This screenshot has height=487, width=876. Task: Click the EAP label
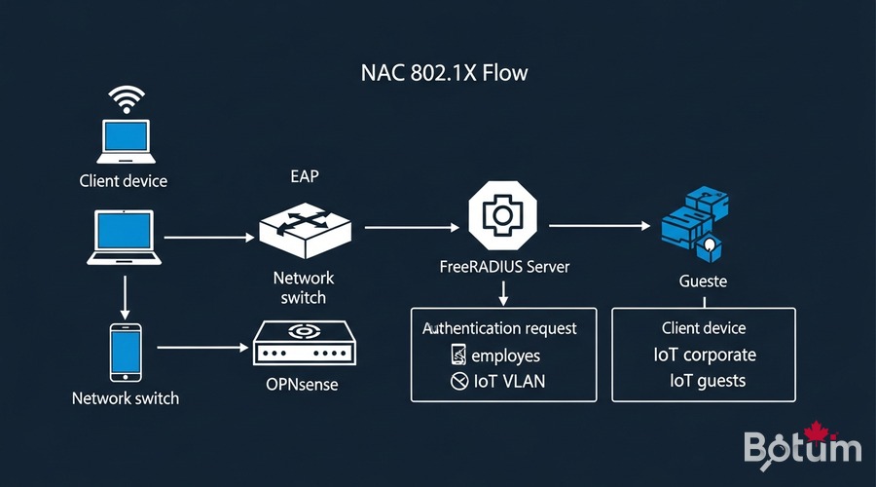click(305, 177)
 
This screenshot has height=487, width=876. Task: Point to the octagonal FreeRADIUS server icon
click(503, 213)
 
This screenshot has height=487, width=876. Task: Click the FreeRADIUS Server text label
click(503, 267)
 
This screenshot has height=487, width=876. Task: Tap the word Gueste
click(703, 281)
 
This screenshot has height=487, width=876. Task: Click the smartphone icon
click(125, 352)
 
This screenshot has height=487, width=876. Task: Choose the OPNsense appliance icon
click(302, 345)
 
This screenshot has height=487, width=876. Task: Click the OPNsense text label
click(302, 384)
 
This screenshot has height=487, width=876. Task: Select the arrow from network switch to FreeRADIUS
click(411, 227)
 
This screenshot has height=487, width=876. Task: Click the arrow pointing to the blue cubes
click(599, 226)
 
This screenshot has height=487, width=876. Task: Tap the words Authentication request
click(499, 328)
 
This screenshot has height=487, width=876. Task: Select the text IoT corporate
click(705, 355)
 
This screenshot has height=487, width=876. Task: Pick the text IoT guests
click(708, 381)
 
